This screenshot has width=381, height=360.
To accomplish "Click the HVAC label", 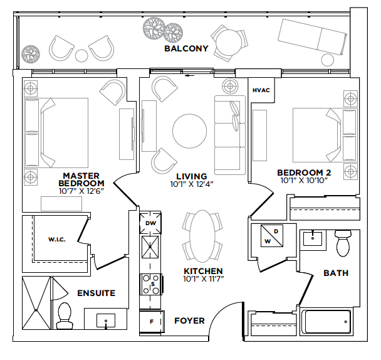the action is (x=261, y=90).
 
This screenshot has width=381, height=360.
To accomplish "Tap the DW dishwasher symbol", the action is (x=150, y=223).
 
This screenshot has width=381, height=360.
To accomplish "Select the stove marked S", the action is (x=150, y=284).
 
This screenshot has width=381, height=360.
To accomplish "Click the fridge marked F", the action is (x=152, y=322).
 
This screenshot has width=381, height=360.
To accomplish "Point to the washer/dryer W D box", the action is (x=272, y=236).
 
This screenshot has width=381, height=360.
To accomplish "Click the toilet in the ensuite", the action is (x=65, y=315).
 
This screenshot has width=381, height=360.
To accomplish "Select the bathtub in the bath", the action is (x=326, y=322).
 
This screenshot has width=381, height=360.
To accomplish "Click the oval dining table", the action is (x=202, y=236).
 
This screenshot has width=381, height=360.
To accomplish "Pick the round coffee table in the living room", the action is (x=189, y=131).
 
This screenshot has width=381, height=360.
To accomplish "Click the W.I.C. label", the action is (x=57, y=240).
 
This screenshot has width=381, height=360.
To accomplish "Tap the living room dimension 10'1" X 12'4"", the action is (x=192, y=184).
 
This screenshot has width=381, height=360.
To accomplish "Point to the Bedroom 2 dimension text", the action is (x=304, y=180).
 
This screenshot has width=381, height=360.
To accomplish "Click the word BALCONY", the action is (x=186, y=49).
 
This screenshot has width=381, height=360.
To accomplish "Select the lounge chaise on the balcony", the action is (x=312, y=36).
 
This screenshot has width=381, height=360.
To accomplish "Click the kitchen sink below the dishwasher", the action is (x=150, y=247).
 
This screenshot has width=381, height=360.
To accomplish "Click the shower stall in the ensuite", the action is (x=36, y=303).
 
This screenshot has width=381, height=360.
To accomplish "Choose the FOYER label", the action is (x=189, y=321).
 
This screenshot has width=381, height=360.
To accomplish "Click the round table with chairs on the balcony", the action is (x=229, y=43).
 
